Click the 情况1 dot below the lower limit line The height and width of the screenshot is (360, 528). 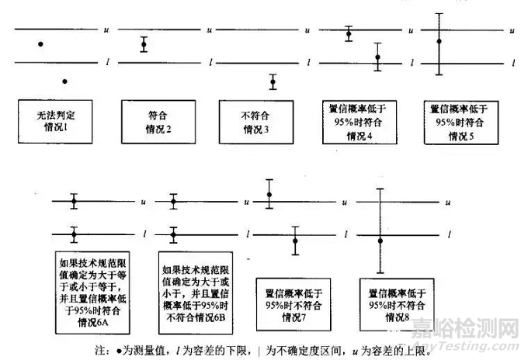66,81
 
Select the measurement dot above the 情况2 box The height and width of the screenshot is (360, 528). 144,44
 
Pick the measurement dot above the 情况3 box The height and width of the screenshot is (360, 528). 273,81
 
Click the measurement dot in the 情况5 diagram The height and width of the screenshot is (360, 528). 439,41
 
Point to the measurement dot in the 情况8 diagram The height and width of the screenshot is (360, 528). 380,241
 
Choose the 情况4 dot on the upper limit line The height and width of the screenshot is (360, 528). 349,33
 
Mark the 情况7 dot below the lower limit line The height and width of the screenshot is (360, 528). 295,240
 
